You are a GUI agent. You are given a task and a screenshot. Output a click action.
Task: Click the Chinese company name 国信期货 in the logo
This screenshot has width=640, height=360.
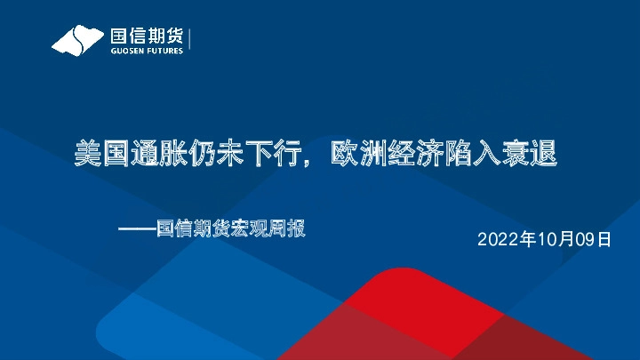click(x=146, y=36)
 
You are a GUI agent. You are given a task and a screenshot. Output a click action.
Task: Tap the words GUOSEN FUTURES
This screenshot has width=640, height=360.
click(x=146, y=51)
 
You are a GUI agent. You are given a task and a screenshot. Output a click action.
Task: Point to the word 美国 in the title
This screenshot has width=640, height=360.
click(x=101, y=155)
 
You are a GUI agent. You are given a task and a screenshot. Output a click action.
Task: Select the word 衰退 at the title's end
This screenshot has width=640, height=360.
click(x=528, y=155)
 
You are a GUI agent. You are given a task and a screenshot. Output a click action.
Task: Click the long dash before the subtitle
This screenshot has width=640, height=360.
click(x=138, y=229)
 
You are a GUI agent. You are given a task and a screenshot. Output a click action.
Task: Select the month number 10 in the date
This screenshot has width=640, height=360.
click(x=545, y=240)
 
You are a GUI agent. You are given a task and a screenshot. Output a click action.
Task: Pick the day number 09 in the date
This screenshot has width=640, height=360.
click(x=584, y=240)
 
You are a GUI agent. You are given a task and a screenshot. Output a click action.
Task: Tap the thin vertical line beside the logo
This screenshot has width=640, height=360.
click(x=190, y=40)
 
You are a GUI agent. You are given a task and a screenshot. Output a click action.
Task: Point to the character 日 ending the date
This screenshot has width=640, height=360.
click(x=604, y=240)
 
